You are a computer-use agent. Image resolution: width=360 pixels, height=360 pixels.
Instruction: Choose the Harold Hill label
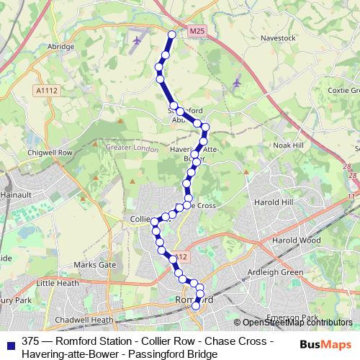277,202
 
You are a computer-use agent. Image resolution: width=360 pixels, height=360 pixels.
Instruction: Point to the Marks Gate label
94,265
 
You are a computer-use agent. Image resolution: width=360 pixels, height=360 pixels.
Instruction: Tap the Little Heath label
55,284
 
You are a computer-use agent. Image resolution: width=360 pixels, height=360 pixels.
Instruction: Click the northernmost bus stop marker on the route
172,35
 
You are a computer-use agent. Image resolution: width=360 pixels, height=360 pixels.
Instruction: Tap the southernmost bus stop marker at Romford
195,307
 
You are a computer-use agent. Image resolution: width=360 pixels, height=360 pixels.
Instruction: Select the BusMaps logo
325,344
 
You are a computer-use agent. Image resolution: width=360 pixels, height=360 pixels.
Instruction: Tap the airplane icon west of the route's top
137,40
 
